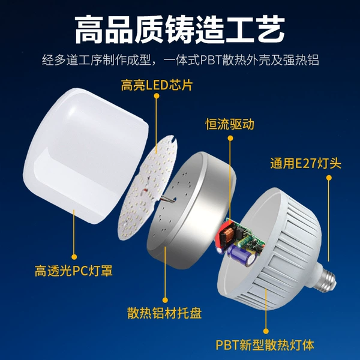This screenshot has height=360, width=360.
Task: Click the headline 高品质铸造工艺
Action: (180, 29)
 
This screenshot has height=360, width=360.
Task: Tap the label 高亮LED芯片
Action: (157, 85)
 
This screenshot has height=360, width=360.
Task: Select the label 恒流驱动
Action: (230, 124)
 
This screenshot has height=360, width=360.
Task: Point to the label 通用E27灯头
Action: (305, 163)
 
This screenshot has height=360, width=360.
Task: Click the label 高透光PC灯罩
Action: (74, 271)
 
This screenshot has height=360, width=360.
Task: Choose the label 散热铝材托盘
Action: (164, 313)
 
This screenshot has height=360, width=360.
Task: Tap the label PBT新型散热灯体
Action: (265, 345)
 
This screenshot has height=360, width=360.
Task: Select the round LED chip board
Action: (148, 187)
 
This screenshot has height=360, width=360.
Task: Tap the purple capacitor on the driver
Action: (242, 255)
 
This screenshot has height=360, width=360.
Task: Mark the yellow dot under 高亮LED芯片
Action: (157, 96)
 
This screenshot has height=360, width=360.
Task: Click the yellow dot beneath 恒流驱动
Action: (230, 138)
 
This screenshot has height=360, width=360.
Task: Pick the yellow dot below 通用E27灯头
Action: (329, 178)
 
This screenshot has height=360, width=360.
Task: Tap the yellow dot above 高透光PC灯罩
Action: (74, 257)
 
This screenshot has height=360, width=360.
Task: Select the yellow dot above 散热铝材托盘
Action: (165, 300)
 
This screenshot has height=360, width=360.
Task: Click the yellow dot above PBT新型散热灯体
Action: (266, 331)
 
